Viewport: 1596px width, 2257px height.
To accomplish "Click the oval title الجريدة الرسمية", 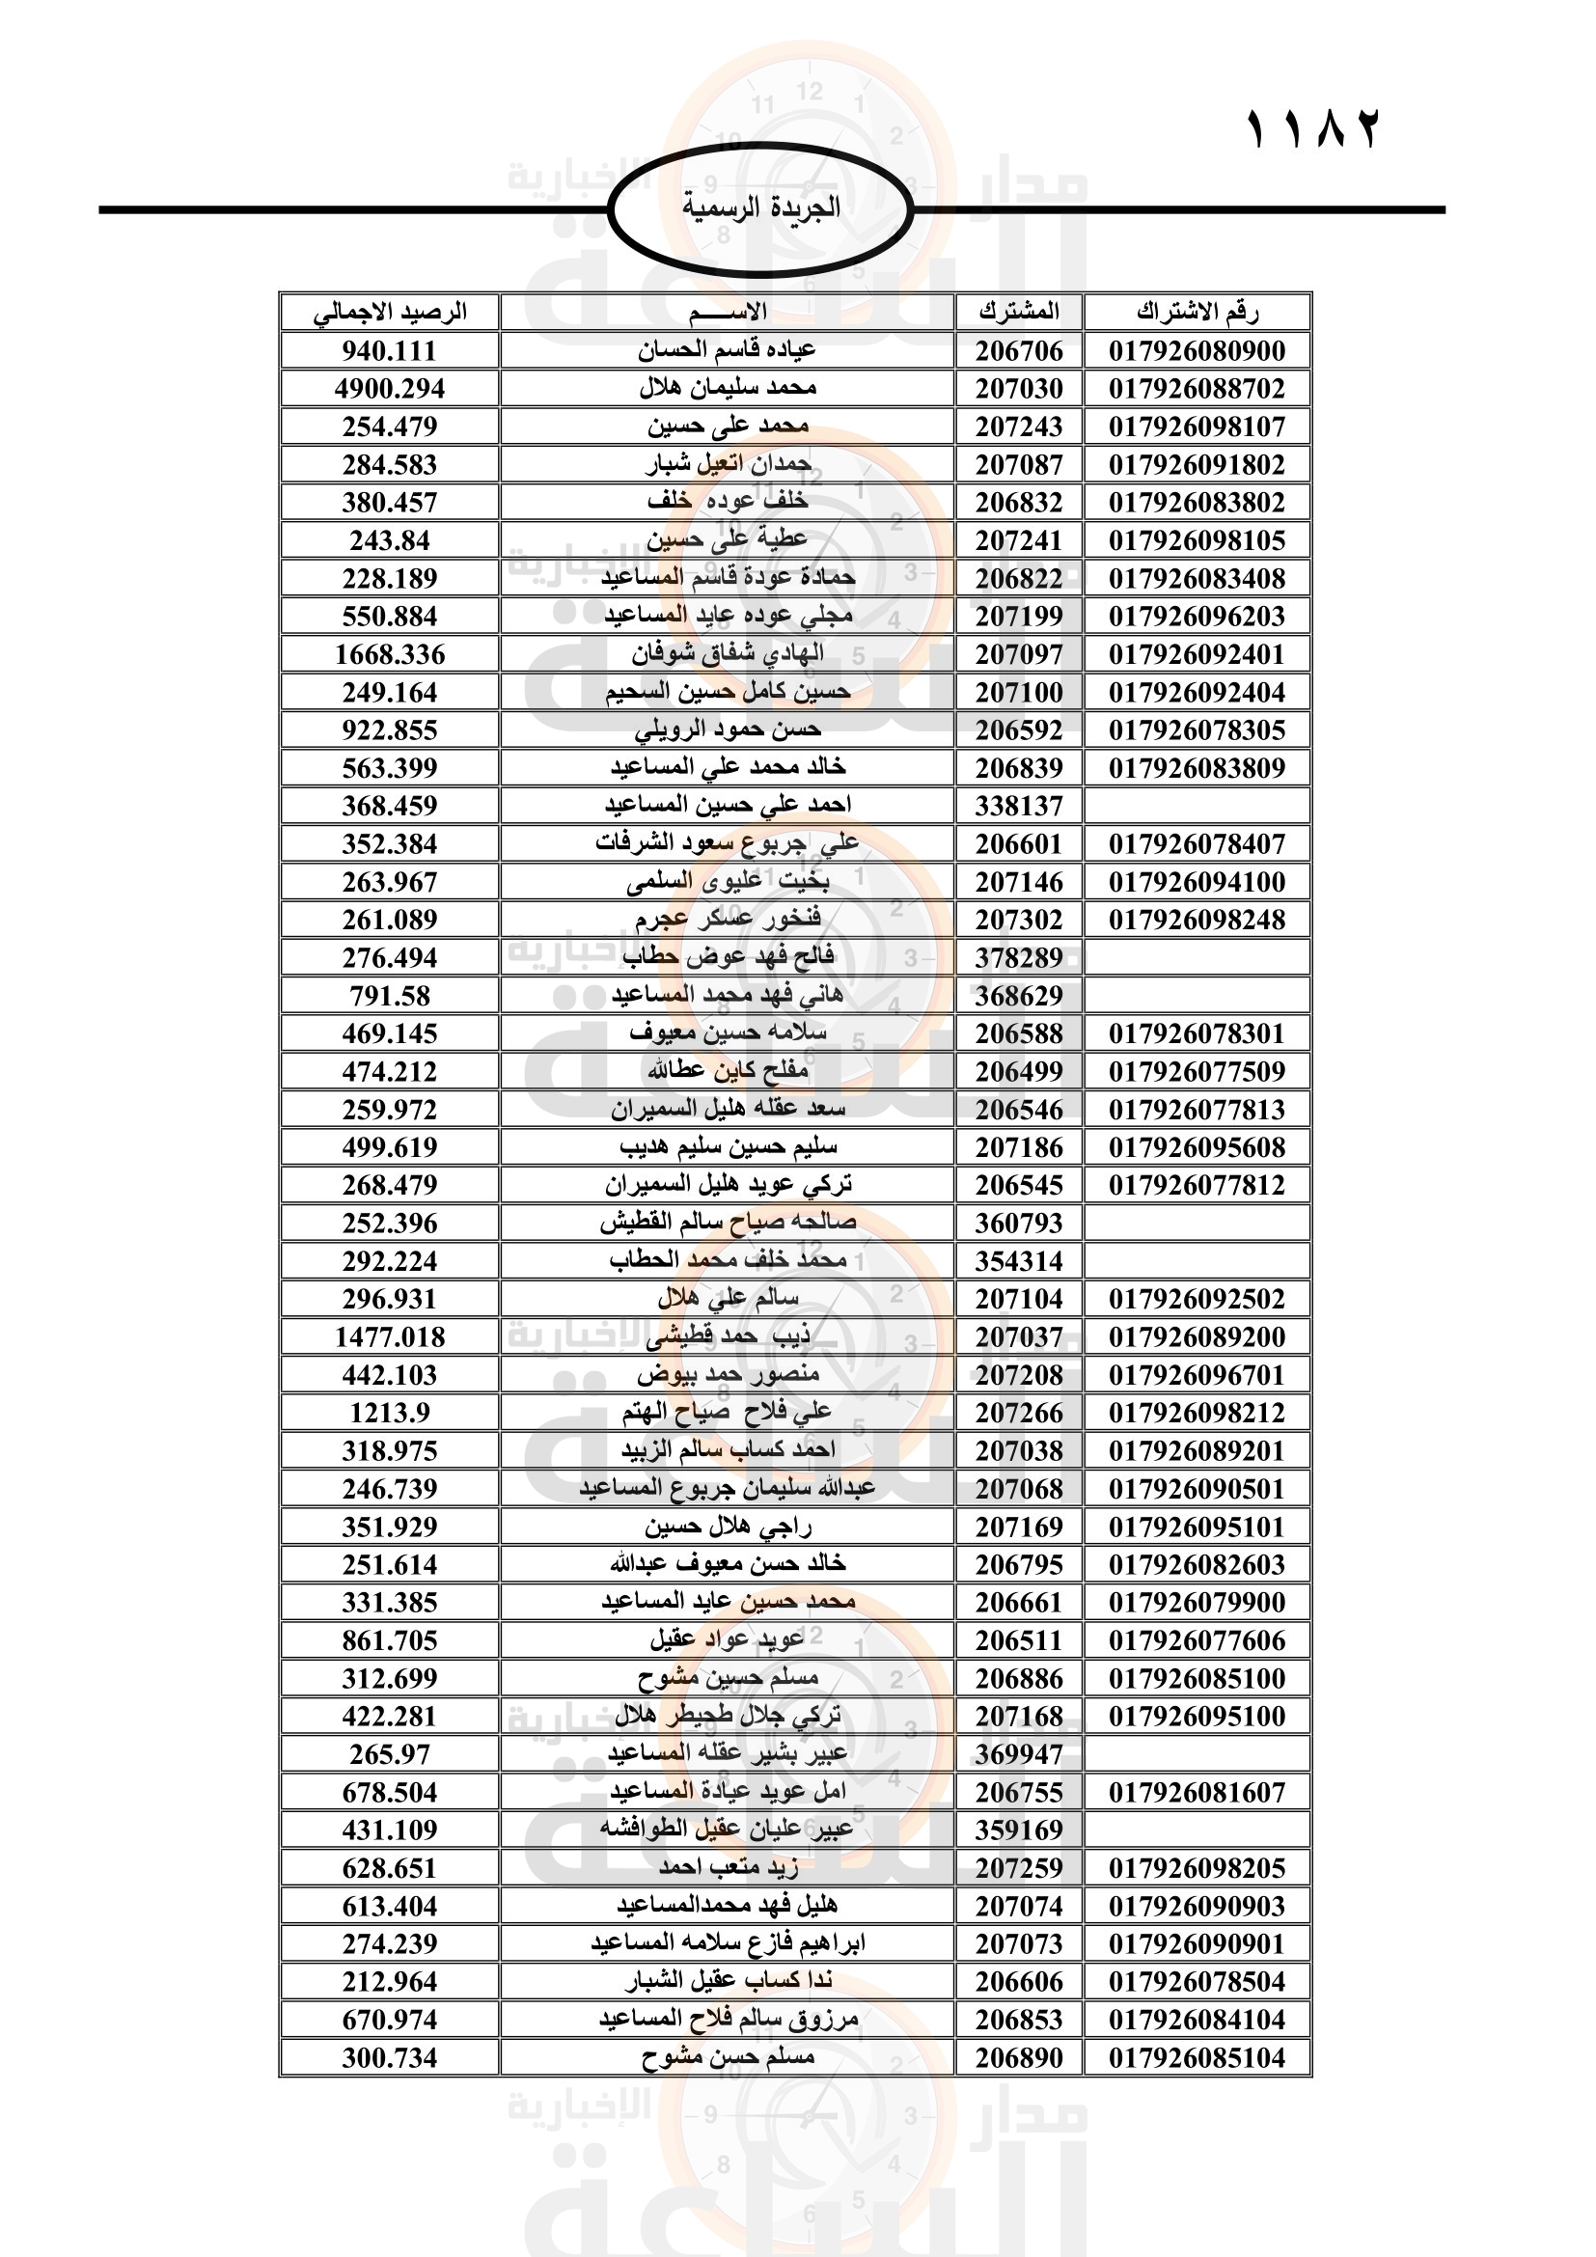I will [x=760, y=208].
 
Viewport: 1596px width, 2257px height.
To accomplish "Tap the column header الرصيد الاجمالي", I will [x=389, y=313].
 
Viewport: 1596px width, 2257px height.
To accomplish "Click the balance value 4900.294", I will [x=389, y=389].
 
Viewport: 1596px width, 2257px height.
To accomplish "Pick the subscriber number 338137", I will [x=1018, y=806].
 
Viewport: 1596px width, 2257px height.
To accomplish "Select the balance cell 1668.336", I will [x=389, y=654].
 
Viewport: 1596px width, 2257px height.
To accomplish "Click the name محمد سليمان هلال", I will [x=728, y=388].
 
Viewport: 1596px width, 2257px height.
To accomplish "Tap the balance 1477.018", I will [x=389, y=1336].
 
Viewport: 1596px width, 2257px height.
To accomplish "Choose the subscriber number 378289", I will [x=1018, y=957].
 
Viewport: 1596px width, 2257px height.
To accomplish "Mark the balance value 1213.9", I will [x=389, y=1413].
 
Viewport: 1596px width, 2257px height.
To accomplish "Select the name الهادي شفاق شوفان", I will [x=728, y=653].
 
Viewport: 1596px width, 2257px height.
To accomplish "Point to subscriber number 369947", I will [x=1018, y=1753].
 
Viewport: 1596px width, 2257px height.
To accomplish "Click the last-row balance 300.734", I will [x=389, y=2057].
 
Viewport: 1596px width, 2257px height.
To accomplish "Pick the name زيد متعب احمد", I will [x=728, y=1868].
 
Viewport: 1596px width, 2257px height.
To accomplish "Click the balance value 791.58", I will [x=389, y=996].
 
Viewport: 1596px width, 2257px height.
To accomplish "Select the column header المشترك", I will [x=1018, y=313].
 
